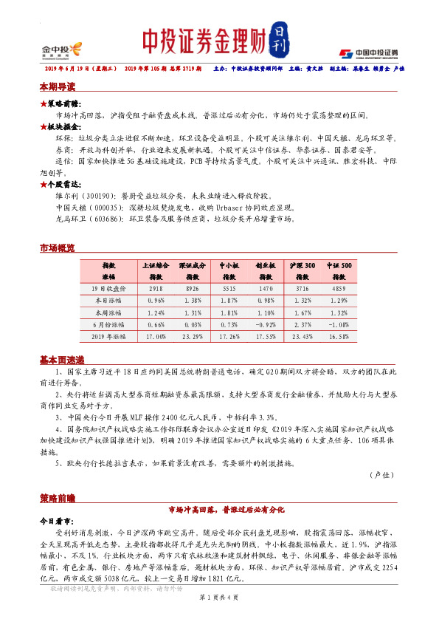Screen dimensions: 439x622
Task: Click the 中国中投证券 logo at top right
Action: click(x=368, y=53)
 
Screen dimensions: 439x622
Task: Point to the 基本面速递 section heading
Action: click(x=60, y=359)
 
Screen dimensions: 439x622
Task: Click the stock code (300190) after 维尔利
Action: click(x=99, y=196)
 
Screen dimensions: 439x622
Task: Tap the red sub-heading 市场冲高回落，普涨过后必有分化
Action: click(x=219, y=510)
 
